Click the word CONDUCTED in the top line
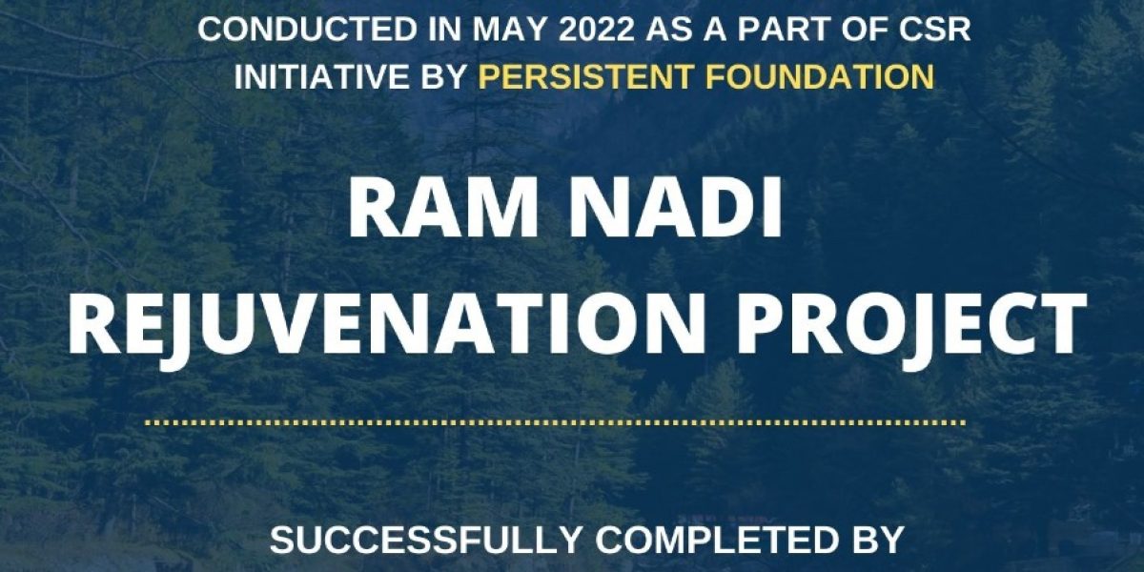tap(307, 30)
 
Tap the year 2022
tap(595, 30)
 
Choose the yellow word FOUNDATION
tap(813, 76)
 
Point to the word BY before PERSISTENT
tap(445, 76)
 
